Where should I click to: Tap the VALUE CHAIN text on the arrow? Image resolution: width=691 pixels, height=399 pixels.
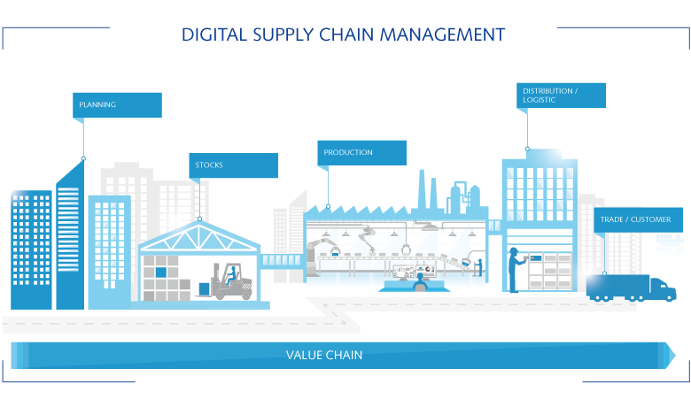(324, 356)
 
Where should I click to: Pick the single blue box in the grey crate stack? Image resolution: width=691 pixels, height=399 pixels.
(161, 272)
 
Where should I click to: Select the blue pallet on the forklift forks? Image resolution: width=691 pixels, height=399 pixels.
(204, 288)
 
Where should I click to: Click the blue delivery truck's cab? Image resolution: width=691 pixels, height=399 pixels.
(661, 287)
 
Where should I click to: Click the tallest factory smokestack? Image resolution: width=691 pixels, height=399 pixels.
(433, 195)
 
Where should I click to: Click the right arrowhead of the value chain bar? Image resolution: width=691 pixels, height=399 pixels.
(678, 356)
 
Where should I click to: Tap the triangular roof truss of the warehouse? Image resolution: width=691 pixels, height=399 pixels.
(200, 236)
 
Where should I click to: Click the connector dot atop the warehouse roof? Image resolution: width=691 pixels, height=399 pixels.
(200, 219)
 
